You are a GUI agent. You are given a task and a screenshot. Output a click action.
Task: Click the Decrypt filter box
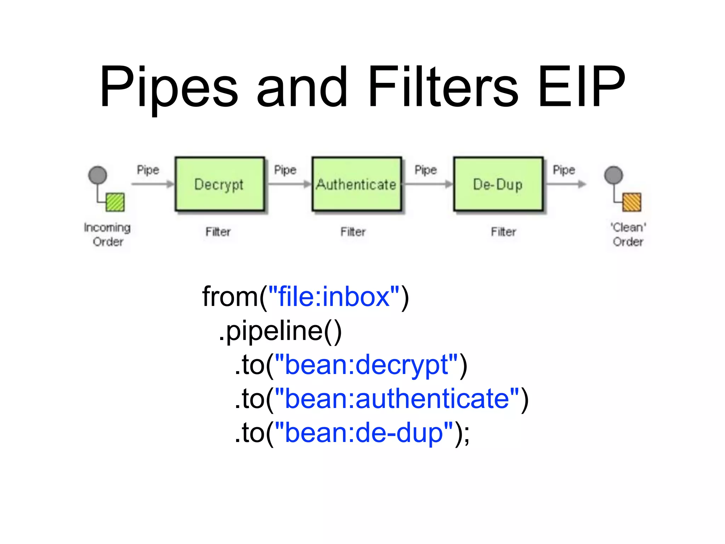pyautogui.click(x=219, y=184)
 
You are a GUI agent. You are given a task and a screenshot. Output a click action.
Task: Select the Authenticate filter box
pyautogui.click(x=356, y=184)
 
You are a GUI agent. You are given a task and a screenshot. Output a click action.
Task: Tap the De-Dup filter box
pyautogui.click(x=498, y=184)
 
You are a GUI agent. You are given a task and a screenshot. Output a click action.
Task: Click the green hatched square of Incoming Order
pyautogui.click(x=115, y=202)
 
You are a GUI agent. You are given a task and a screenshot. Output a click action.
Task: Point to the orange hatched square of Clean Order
pyautogui.click(x=632, y=202)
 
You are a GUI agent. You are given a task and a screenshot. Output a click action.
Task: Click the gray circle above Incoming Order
pyautogui.click(x=98, y=175)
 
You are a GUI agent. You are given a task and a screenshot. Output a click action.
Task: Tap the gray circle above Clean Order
pyautogui.click(x=613, y=175)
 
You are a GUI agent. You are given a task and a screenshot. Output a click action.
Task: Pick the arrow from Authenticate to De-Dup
pyautogui.click(x=428, y=184)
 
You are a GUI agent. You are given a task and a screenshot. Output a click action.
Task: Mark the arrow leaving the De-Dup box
pyautogui.click(x=566, y=184)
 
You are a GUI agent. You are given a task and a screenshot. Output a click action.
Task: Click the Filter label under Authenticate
pyautogui.click(x=353, y=232)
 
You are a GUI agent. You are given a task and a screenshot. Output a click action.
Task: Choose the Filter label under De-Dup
pyautogui.click(x=503, y=232)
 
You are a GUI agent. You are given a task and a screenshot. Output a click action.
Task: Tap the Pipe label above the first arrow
pyautogui.click(x=148, y=170)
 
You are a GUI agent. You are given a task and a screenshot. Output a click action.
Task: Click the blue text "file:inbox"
pyautogui.click(x=334, y=297)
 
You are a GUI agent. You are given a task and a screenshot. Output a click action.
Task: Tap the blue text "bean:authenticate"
pyautogui.click(x=397, y=399)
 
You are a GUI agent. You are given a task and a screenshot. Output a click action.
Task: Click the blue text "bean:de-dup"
pyautogui.click(x=364, y=433)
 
